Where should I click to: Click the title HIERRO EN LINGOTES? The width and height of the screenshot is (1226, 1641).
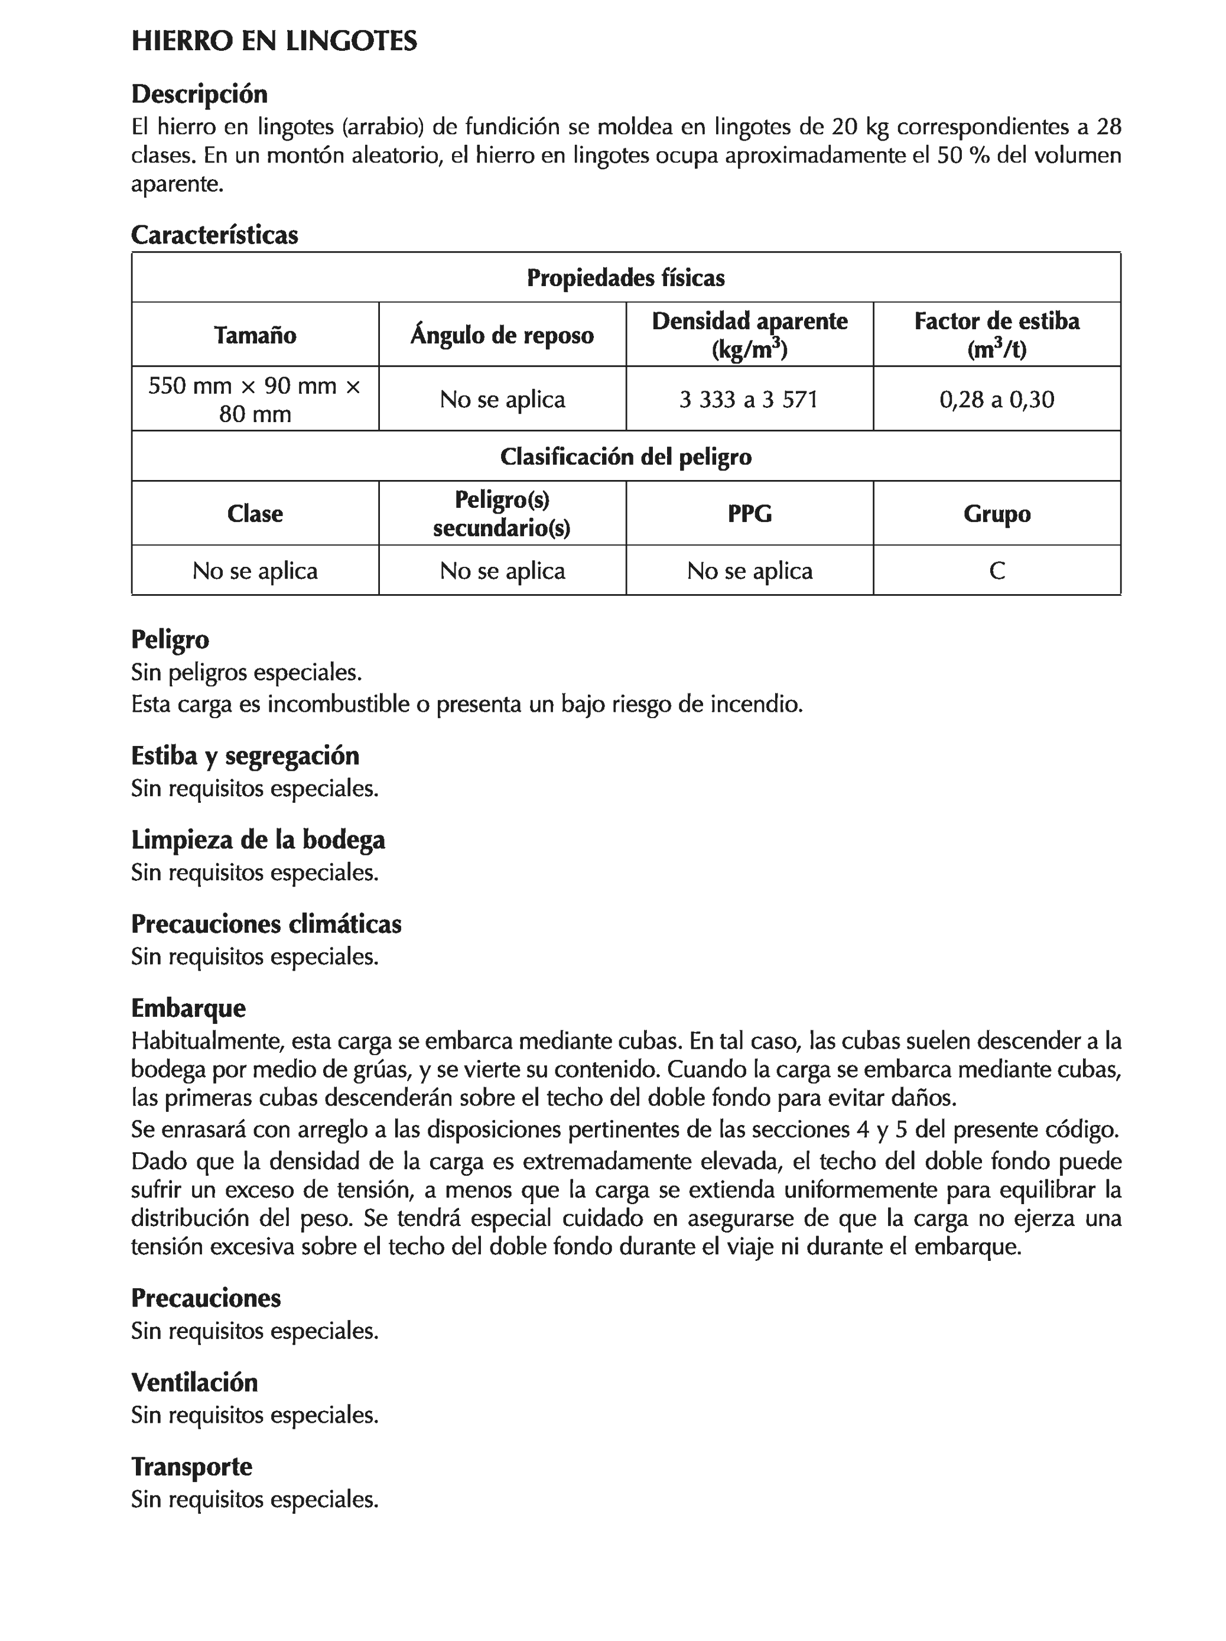click(274, 41)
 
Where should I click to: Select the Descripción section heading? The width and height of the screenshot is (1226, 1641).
click(199, 94)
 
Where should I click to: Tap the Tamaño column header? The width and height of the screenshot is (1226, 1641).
click(255, 335)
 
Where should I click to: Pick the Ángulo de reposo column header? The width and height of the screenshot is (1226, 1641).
click(502, 335)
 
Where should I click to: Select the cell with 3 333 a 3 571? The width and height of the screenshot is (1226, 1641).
click(749, 399)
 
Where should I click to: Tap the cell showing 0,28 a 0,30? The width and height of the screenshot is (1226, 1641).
click(996, 399)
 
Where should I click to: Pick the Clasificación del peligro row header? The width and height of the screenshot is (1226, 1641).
click(625, 456)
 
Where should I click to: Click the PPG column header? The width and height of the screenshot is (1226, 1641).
click(749, 513)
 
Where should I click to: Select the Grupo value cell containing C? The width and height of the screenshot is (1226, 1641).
click(996, 570)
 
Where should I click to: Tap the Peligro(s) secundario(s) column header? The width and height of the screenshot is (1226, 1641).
click(502, 513)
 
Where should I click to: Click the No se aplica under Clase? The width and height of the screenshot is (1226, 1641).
click(255, 570)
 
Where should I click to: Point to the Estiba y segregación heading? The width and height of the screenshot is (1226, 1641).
click(245, 755)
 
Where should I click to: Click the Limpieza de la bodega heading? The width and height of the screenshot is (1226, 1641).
click(258, 840)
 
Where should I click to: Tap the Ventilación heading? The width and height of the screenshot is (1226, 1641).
click(194, 1382)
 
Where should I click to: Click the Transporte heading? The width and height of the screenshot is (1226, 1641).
click(191, 1467)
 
